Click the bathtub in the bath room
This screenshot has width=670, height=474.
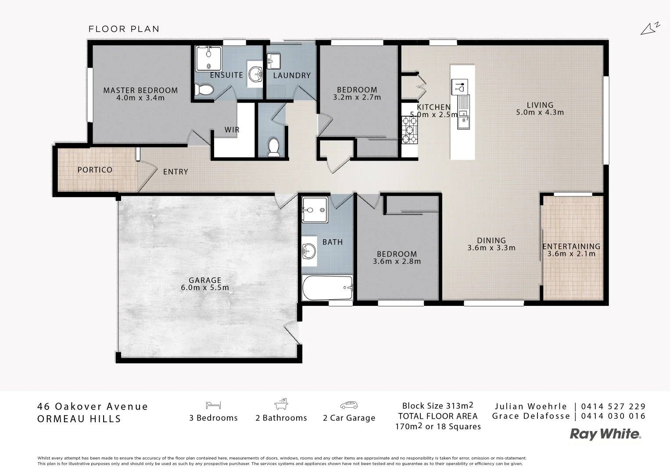327,288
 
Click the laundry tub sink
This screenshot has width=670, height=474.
274,61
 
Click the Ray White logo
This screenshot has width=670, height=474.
605,434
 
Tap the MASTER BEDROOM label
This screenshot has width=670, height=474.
140,90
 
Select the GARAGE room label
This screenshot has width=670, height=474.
204,280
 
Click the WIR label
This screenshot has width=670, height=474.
232,130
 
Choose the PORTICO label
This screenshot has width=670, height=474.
95,170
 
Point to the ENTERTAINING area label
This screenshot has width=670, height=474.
571,247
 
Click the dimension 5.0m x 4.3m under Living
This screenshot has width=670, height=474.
540,112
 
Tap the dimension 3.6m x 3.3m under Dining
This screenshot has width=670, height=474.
491,248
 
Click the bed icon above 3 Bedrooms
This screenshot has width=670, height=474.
213,405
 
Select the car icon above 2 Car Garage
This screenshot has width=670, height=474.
349,405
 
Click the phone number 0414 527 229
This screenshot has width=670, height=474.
613,406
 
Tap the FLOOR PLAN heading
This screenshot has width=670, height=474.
124,29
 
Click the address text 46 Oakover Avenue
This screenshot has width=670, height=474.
93,406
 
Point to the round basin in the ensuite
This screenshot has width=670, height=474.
255,74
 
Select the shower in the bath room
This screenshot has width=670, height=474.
315,210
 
